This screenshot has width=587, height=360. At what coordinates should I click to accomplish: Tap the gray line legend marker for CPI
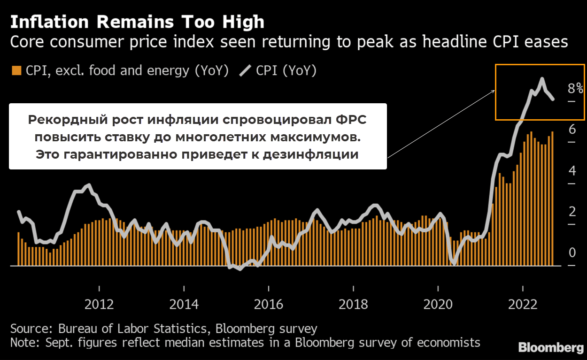pyautogui.click(x=246, y=71)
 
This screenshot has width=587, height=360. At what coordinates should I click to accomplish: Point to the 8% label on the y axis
pyautogui.click(x=575, y=89)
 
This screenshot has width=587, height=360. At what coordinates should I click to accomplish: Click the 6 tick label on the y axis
pyautogui.click(x=572, y=130)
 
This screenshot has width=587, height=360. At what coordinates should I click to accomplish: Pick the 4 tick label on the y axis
pyautogui.click(x=572, y=171)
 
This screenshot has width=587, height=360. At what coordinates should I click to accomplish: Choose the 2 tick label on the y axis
pyautogui.click(x=572, y=212)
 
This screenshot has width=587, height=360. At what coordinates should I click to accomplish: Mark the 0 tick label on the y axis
pyautogui.click(x=572, y=253)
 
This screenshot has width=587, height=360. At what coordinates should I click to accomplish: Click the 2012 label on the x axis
pyautogui.click(x=99, y=304)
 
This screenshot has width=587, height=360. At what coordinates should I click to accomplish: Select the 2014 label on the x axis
pyautogui.click(x=184, y=304)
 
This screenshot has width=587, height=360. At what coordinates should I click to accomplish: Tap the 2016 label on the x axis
pyautogui.click(x=269, y=304)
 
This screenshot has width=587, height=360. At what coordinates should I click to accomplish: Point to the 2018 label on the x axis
pyautogui.click(x=353, y=304)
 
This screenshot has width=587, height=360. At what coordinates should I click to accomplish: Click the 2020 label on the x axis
pyautogui.click(x=438, y=304)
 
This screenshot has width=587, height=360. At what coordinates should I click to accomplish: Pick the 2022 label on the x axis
pyautogui.click(x=523, y=304)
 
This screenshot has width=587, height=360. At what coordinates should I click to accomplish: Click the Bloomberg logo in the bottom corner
pyautogui.click(x=551, y=348)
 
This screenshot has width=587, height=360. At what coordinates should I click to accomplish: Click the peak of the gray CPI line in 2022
pyautogui.click(x=542, y=79)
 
